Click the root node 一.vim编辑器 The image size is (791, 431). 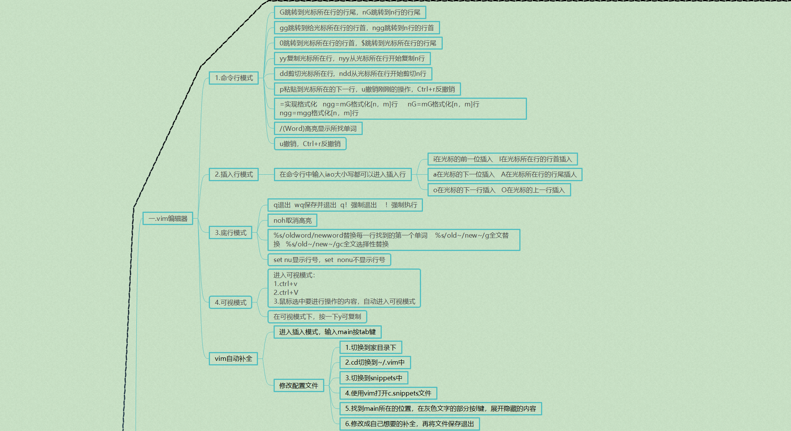coord(168,219)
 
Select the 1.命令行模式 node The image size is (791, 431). coord(234,78)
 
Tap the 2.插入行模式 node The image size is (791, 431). coord(234,174)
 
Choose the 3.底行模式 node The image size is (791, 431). coord(231,233)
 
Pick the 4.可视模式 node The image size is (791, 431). coord(231,302)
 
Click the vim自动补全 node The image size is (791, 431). coord(233,359)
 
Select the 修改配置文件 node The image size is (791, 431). coord(299,386)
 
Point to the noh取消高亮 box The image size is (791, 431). coord(292,220)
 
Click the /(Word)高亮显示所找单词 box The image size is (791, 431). coord(318,129)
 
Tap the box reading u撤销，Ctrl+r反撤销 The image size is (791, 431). coord(310,144)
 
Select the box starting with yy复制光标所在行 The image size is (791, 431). coord(352,58)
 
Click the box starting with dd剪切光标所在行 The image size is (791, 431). coord(353,74)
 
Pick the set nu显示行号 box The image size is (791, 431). coord(329,260)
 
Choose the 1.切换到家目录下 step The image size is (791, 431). coord(371,347)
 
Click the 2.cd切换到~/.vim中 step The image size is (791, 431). coord(375,362)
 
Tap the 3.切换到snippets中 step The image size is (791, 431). coord(374,378)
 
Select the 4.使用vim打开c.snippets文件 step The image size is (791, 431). coord(388,393)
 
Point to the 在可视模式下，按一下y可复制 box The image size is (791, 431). coord(317,317)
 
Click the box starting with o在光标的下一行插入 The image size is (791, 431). coord(499,190)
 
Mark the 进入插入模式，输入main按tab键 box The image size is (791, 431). coord(327,332)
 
